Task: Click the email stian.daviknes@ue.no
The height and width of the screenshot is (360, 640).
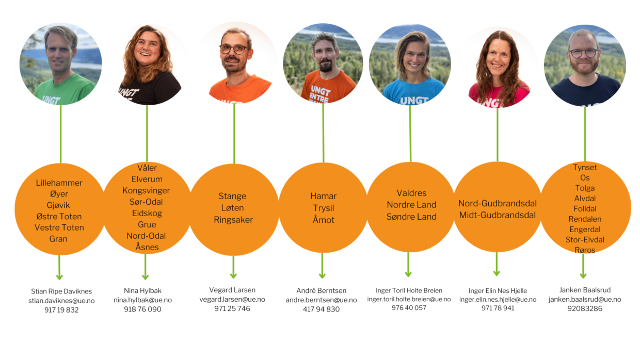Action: (61, 301)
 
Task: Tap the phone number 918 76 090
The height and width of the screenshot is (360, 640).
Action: (142, 309)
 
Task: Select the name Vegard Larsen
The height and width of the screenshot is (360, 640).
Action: (232, 290)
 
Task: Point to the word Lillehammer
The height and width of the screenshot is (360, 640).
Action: (59, 183)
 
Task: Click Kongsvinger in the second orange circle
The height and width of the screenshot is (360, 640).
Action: (146, 190)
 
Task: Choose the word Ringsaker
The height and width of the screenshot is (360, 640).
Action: (233, 220)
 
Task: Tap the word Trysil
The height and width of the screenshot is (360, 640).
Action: (324, 208)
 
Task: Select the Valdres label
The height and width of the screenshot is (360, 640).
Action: (411, 193)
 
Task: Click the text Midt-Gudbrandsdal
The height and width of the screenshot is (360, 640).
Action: (498, 215)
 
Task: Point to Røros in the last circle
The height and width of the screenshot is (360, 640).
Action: (585, 250)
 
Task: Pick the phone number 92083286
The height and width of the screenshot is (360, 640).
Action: (585, 309)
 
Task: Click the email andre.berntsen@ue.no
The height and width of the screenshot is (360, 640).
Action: (321, 300)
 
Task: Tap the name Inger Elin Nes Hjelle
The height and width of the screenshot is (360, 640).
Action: (498, 291)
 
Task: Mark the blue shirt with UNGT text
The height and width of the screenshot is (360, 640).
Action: (413, 93)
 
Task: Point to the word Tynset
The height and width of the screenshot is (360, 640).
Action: (585, 168)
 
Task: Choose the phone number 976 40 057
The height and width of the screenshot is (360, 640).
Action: (409, 308)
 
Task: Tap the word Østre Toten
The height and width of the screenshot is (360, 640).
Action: (59, 216)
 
